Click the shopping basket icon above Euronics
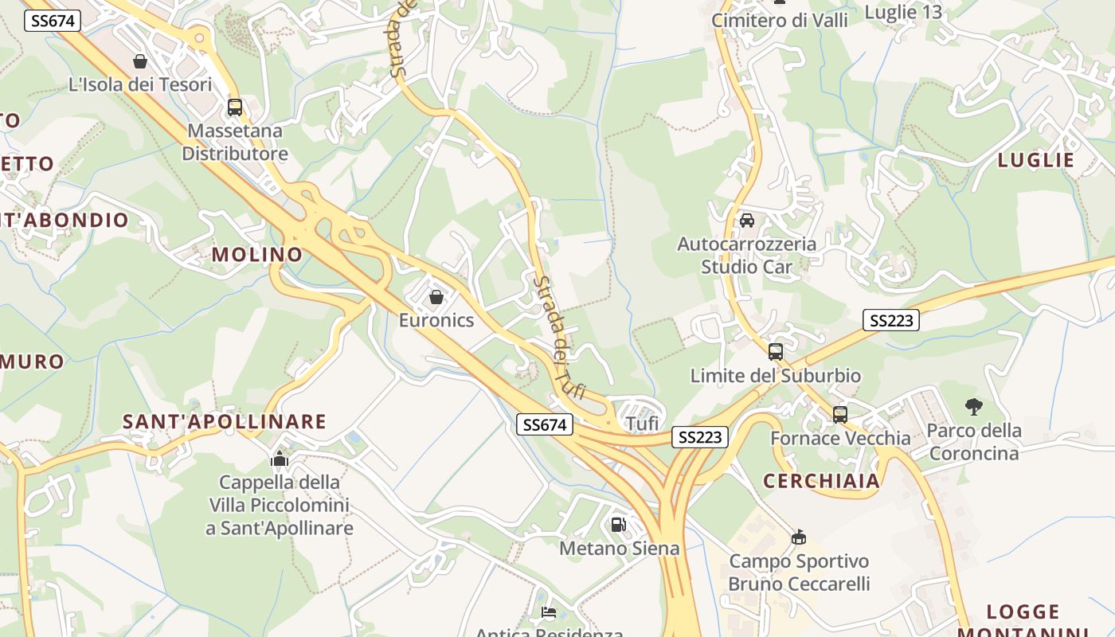tap(436, 297)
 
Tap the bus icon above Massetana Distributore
tap(234, 107)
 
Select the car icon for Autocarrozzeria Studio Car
tap(747, 221)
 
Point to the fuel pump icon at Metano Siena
tap(619, 525)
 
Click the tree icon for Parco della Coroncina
tap(973, 407)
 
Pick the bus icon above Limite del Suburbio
tap(775, 351)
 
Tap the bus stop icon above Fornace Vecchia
tap(840, 414)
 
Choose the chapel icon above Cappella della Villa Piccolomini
tap(279, 459)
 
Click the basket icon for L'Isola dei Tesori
tap(140, 61)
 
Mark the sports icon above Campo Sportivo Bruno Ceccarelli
tap(799, 537)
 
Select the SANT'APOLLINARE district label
tap(225, 421)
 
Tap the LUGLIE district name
tap(1036, 160)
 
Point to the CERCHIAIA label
tap(821, 481)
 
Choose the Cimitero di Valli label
tap(779, 20)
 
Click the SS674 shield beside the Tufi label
tap(545, 424)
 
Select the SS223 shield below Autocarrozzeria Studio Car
tap(890, 320)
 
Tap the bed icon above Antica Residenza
tap(549, 612)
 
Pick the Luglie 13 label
tap(903, 12)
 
